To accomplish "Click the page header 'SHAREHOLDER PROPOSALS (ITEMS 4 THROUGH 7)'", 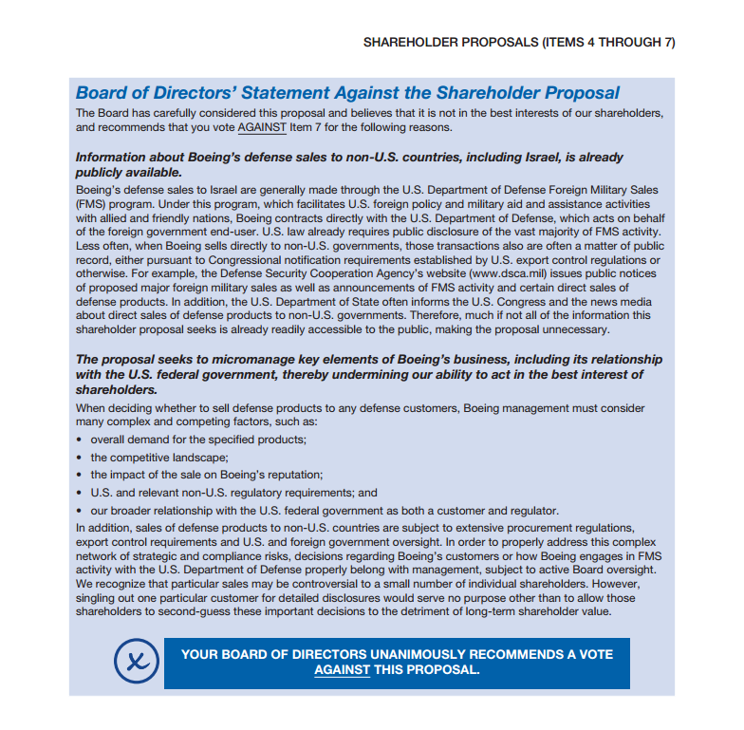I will (x=519, y=43).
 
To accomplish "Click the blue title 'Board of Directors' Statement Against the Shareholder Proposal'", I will (x=347, y=93).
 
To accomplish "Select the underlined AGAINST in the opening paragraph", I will (x=262, y=126).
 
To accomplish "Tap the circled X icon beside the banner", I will (x=137, y=662).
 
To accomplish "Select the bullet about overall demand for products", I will (x=197, y=440).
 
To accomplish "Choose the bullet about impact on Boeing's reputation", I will (x=207, y=474).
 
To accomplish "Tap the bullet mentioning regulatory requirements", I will (x=233, y=493).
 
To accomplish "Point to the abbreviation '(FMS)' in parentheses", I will (x=91, y=203).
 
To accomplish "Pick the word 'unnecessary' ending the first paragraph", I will (x=574, y=329).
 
